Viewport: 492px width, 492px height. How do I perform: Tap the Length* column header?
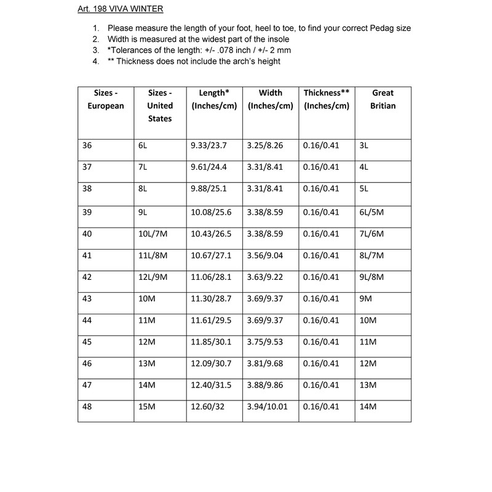[215, 99]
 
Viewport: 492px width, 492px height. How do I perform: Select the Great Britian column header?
[383, 99]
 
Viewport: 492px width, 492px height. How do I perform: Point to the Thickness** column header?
[327, 99]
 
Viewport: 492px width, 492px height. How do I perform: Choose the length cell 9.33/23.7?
[209, 146]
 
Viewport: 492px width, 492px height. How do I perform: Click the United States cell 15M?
[148, 407]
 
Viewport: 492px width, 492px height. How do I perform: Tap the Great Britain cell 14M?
[367, 407]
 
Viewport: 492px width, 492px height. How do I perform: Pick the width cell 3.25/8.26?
[266, 146]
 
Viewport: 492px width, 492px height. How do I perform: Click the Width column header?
[271, 99]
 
